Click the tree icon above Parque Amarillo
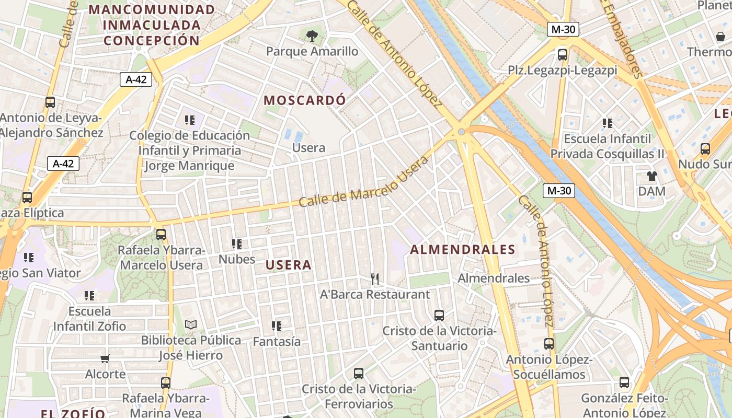pos(312,36)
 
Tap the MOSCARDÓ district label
pos(304,100)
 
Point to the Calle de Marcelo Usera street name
pos(363,181)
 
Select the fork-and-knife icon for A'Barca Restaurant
pos(374,279)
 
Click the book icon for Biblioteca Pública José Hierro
pos(191,325)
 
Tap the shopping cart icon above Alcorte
pos(105,358)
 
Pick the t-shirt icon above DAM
pos(651,176)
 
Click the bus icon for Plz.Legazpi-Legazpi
pos(563,54)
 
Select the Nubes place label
pos(237,259)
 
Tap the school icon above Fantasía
pos(277,326)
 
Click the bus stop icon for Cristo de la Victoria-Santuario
pos(439,316)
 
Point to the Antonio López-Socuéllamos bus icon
pos(549,344)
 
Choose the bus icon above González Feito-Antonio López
pos(624,382)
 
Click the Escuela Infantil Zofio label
pos(90,319)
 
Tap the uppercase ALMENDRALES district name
pos(463,250)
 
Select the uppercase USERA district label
pos(289,265)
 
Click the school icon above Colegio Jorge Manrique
pos(190,120)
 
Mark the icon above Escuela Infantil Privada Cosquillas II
pos(608,123)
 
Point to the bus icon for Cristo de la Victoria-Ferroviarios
pos(359,374)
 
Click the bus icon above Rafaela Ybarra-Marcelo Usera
pos(161,234)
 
